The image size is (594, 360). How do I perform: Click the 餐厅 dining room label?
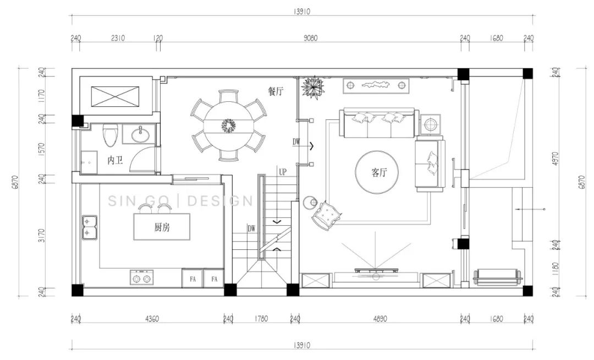(276, 91)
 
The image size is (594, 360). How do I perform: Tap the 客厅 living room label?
(379, 173)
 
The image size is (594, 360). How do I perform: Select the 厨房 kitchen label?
(162, 227)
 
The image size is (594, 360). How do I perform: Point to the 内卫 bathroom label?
(115, 160)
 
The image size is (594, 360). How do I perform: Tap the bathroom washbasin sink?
(141, 134)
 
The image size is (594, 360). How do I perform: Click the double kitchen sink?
(90, 227)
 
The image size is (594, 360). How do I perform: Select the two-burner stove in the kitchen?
(142, 278)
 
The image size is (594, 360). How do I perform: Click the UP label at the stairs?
(283, 172)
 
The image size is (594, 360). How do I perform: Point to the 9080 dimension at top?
(310, 38)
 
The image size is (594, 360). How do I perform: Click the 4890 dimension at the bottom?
(380, 319)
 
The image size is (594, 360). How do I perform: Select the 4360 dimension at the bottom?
(152, 319)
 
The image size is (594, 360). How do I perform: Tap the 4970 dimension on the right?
(555, 160)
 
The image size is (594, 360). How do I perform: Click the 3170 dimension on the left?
(42, 236)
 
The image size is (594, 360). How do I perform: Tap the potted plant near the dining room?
(313, 87)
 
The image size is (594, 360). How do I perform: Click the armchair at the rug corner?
(326, 215)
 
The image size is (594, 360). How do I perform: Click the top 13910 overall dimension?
(301, 12)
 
